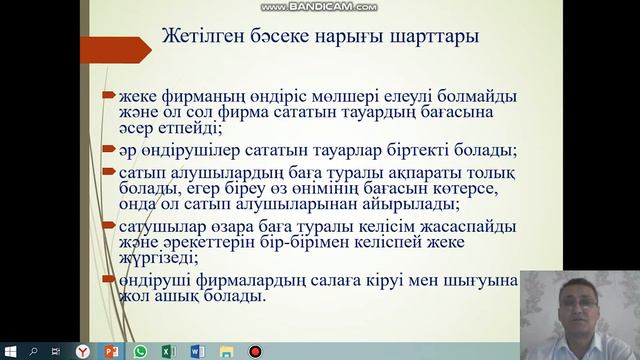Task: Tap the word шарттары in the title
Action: [x=435, y=38]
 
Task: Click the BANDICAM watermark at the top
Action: [x=320, y=6]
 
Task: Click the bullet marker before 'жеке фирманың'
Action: [x=107, y=97]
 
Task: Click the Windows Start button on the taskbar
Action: [x=10, y=351]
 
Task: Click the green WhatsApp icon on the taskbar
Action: [x=140, y=351]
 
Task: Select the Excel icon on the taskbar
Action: [x=168, y=351]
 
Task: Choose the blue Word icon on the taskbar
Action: [x=197, y=351]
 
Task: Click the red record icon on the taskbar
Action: [x=254, y=351]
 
